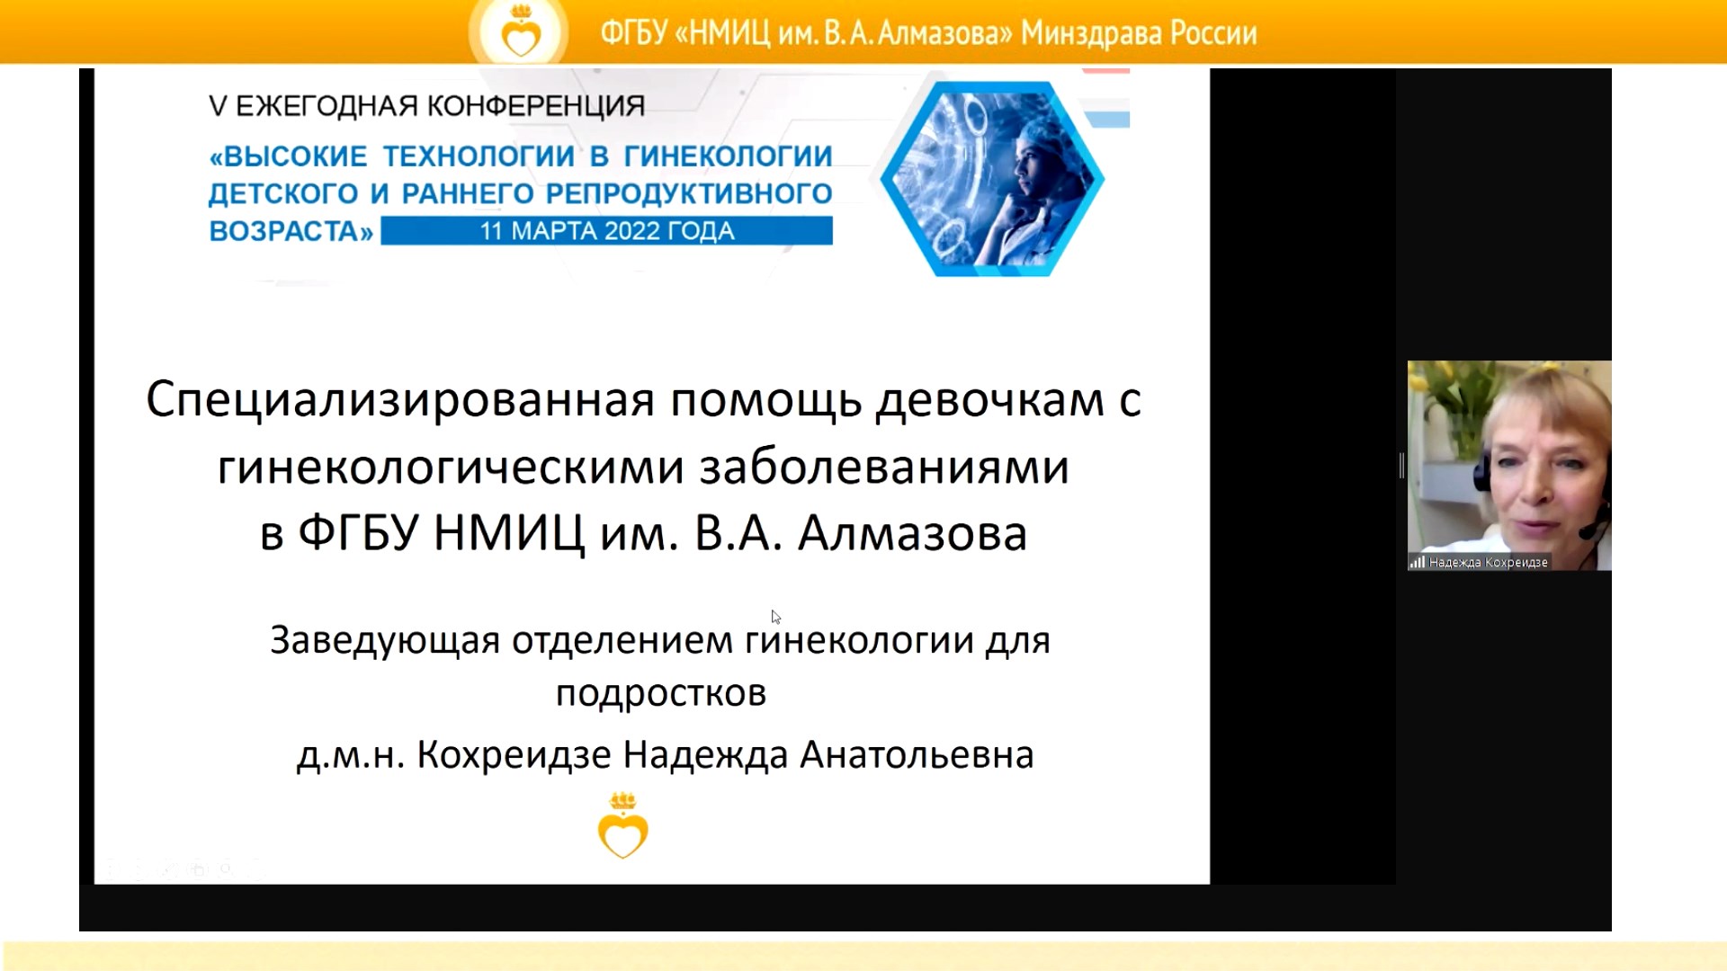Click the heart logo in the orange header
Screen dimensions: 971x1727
coord(520,34)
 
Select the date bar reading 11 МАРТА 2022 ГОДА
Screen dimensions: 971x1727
coord(606,231)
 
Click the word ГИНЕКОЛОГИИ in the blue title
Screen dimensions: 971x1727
coord(728,156)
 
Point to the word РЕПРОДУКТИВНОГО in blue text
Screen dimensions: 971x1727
coord(689,194)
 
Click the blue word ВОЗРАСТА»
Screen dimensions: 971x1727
coord(291,232)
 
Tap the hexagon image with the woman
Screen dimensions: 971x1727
coord(991,179)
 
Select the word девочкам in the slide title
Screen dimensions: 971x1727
coord(990,399)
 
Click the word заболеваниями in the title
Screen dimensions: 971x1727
coord(884,467)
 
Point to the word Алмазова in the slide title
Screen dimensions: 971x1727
coord(912,533)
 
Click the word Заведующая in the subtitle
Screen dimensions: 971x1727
coord(385,640)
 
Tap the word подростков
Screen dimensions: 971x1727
coord(661,693)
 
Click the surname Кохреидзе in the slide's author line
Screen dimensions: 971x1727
coord(515,755)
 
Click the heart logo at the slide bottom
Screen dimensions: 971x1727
coord(622,827)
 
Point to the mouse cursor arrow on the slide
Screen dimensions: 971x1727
coord(775,617)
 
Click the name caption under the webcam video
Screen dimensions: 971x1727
coord(1488,563)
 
